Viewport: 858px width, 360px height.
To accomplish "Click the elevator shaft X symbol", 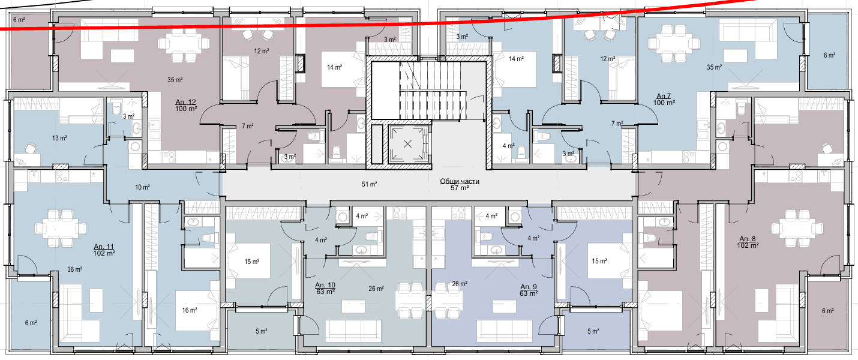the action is pyautogui.click(x=407, y=144).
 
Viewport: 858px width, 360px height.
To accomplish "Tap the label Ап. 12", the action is pyautogui.click(x=186, y=102).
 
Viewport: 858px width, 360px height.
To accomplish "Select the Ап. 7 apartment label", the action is pyautogui.click(x=664, y=96).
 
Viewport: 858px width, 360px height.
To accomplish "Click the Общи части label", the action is pyautogui.click(x=459, y=181).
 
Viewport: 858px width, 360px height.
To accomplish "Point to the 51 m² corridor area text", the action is pyautogui.click(x=369, y=184).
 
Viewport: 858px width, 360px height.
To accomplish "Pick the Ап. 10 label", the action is pyautogui.click(x=325, y=286).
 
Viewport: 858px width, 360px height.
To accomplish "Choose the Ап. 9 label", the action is pyautogui.click(x=529, y=287).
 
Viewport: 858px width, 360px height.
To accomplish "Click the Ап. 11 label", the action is pyautogui.click(x=104, y=247).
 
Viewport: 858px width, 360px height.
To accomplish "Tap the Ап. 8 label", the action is pyautogui.click(x=748, y=239).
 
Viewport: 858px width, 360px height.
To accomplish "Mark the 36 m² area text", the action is pyautogui.click(x=74, y=269).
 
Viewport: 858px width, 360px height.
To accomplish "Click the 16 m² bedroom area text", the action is pyautogui.click(x=190, y=310).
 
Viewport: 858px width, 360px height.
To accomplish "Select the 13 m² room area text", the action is pyautogui.click(x=59, y=138).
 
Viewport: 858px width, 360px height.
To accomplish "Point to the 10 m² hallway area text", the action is pyautogui.click(x=142, y=187).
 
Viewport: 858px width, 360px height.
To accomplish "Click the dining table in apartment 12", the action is pyautogui.click(x=184, y=44).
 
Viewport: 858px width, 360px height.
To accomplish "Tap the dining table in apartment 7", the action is pyautogui.click(x=674, y=44).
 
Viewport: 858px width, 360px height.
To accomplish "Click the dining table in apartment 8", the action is pyautogui.click(x=797, y=229).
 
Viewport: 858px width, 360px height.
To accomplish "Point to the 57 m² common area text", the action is pyautogui.click(x=459, y=188).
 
